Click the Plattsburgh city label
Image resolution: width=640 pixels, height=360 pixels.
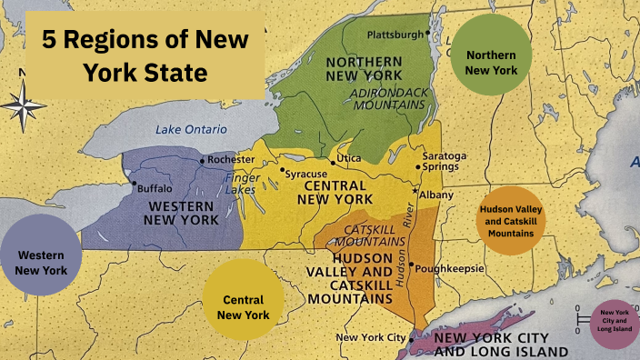pyautogui.click(x=395, y=35)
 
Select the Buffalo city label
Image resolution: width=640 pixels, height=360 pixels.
pyautogui.click(x=153, y=189)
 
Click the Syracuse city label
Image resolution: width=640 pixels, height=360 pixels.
pyautogui.click(x=305, y=174)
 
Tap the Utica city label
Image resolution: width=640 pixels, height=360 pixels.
pyautogui.click(x=348, y=159)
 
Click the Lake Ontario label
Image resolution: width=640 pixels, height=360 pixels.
pyautogui.click(x=190, y=129)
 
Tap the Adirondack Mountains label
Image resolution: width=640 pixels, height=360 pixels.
pyautogui.click(x=387, y=97)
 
